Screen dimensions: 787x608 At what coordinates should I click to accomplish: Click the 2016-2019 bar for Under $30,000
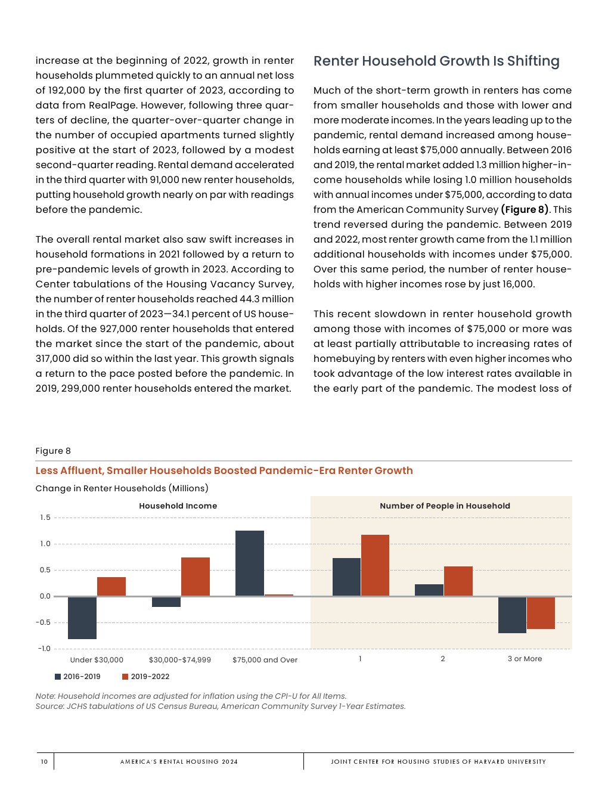pyautogui.click(x=82, y=618)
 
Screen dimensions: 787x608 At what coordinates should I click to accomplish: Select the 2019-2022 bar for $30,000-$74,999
pyautogui.click(x=196, y=577)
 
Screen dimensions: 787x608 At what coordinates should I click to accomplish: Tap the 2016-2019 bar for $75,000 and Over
pyautogui.click(x=250, y=563)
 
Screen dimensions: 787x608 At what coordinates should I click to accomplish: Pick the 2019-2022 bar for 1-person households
pyautogui.click(x=375, y=565)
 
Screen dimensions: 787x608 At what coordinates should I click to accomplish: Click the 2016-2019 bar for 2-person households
pyautogui.click(x=429, y=590)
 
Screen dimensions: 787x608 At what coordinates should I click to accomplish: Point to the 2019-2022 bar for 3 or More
pyautogui.click(x=541, y=613)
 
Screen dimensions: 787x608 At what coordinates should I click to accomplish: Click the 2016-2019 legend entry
pyautogui.click(x=77, y=677)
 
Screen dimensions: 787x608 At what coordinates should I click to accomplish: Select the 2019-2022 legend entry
pyautogui.click(x=145, y=677)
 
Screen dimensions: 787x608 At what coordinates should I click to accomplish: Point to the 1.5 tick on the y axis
pyautogui.click(x=45, y=518)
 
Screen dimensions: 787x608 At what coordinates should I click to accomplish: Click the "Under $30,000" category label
pyautogui.click(x=97, y=660)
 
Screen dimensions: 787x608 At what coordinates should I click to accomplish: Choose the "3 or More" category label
pyautogui.click(x=525, y=659)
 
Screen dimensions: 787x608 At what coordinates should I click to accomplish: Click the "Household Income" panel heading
pyautogui.click(x=178, y=506)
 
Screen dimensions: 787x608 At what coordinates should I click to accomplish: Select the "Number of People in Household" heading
pyautogui.click(x=445, y=506)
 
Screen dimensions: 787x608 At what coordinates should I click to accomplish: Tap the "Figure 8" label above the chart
pyautogui.click(x=53, y=451)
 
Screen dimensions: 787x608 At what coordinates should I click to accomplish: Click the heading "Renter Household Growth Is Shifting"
pyautogui.click(x=436, y=61)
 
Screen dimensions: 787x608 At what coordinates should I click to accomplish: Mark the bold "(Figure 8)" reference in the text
pyautogui.click(x=525, y=210)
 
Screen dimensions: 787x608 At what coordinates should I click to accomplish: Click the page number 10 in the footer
pyautogui.click(x=44, y=761)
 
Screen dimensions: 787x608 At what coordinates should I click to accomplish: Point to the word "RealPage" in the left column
pyautogui.click(x=110, y=106)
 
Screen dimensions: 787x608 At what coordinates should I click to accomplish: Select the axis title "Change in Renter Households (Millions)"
pyautogui.click(x=122, y=488)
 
